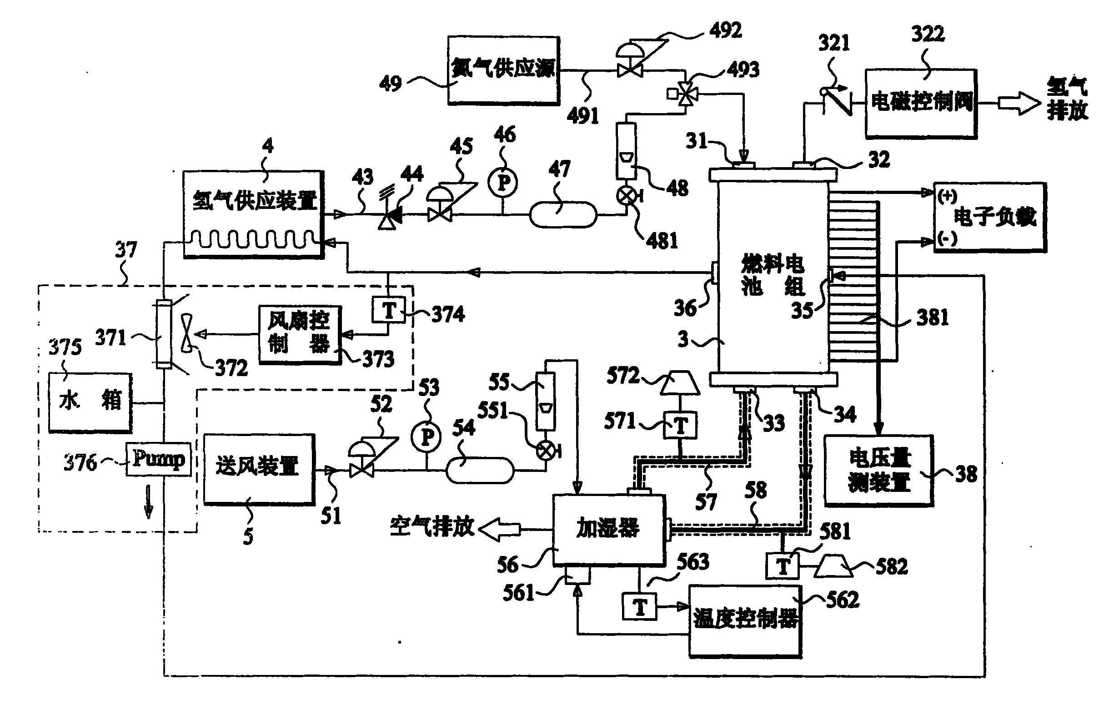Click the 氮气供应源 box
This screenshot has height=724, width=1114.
click(x=503, y=70)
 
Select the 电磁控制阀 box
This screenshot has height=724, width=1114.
click(x=921, y=104)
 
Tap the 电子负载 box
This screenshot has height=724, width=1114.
click(x=989, y=218)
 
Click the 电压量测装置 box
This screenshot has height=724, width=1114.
click(x=878, y=471)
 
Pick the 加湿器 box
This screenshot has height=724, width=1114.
click(x=608, y=530)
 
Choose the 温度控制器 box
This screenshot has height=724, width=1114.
click(x=745, y=620)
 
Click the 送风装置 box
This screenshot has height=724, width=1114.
click(x=259, y=469)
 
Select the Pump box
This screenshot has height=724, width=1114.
click(x=159, y=459)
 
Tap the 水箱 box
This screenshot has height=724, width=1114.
click(x=90, y=402)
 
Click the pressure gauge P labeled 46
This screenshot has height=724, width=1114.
click(x=503, y=183)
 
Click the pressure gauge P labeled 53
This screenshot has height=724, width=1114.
click(x=426, y=438)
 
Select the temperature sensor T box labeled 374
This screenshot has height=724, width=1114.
click(x=388, y=310)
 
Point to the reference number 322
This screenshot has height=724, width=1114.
click(x=928, y=34)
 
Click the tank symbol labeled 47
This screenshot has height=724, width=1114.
click(x=562, y=215)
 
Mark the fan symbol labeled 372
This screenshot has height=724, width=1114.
click(x=187, y=333)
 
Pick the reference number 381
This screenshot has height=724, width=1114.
click(x=933, y=318)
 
